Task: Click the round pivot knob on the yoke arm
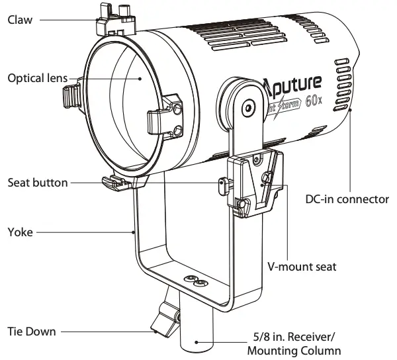pos(247,105)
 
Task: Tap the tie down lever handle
pos(162,320)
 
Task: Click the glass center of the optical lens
pos(132,106)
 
